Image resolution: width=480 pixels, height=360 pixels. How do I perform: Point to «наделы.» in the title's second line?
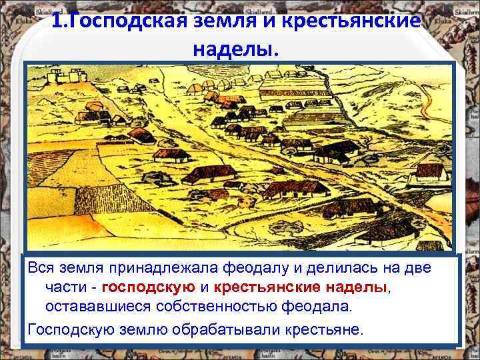pos(237,49)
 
